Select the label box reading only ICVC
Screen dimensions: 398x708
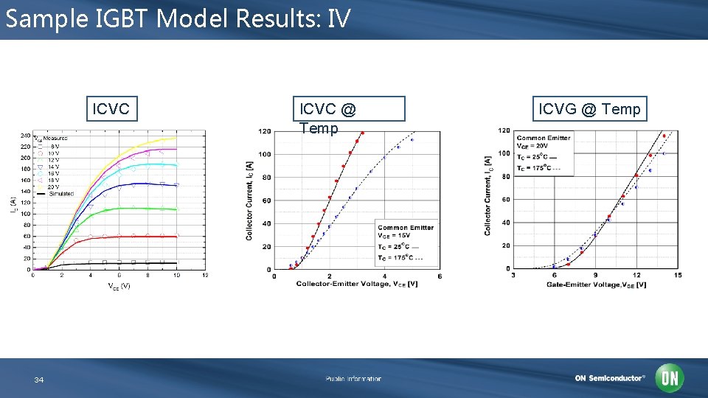[111, 110]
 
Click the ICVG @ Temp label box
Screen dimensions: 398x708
[589, 109]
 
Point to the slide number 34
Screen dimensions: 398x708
[39, 380]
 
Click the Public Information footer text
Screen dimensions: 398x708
[353, 379]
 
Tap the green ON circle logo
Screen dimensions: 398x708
[670, 378]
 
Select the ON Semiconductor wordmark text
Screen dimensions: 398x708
[609, 379]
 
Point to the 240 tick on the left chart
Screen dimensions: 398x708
[25, 136]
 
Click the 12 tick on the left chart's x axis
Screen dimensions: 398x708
[205, 276]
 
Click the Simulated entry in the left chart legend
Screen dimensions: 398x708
[60, 194]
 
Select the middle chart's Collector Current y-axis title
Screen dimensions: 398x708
[249, 200]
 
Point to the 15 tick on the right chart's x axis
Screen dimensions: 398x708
[677, 275]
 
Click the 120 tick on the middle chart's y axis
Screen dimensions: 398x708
[264, 131]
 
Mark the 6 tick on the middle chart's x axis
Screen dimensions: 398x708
[440, 276]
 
